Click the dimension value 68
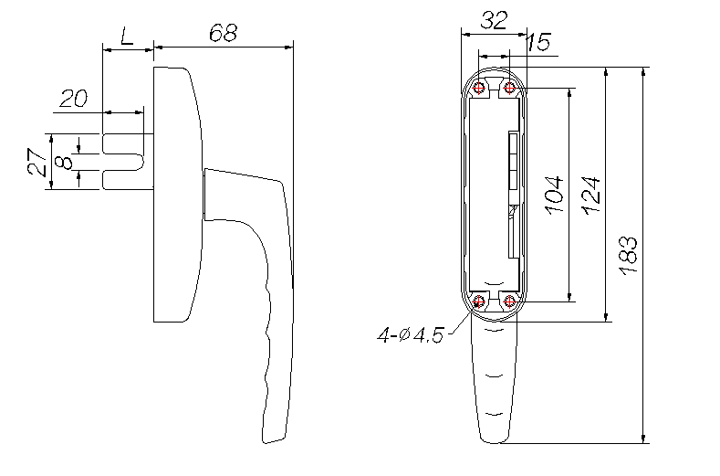click(224, 33)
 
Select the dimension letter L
click(127, 36)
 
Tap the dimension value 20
click(74, 99)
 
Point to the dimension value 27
click(37, 162)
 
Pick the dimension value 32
click(494, 20)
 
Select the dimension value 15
click(537, 42)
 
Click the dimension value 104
click(554, 194)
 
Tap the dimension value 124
click(591, 195)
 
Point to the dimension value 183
click(628, 255)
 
